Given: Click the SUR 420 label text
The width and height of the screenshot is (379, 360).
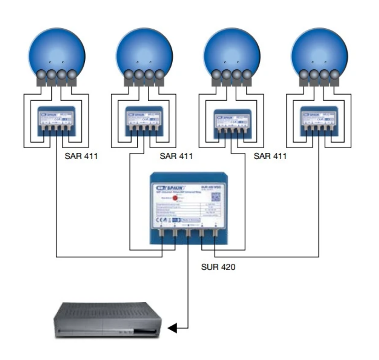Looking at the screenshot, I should coord(218,267).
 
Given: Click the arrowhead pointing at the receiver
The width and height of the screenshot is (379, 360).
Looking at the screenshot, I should coord(172,328).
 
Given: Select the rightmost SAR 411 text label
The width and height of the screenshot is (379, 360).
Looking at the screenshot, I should coord(270,156).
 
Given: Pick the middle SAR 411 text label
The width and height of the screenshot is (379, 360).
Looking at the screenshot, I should coord(176,156).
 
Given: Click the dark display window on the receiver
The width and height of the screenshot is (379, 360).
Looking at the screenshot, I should coord(144,331).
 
